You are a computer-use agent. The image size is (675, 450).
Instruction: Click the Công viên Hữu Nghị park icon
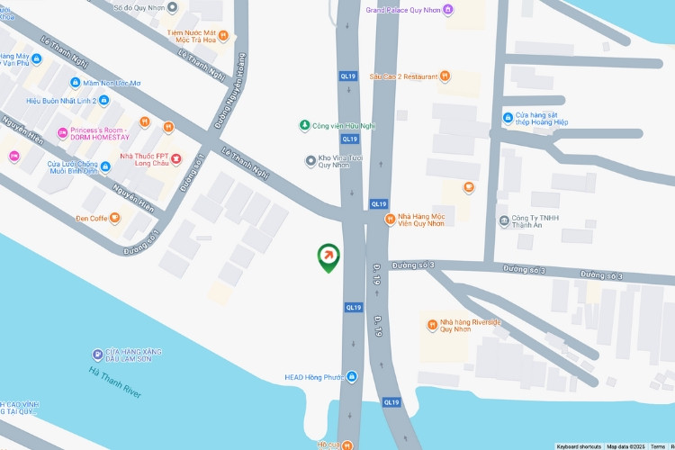pyautogui.click(x=304, y=125)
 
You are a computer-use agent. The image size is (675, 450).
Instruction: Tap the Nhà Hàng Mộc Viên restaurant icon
pyautogui.click(x=390, y=219)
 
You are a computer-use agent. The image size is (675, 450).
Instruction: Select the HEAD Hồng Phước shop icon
pyautogui.click(x=351, y=376)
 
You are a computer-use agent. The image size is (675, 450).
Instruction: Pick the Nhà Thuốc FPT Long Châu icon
pyautogui.click(x=176, y=160)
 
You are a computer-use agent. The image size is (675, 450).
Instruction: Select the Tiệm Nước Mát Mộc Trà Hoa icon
pyautogui.click(x=223, y=36)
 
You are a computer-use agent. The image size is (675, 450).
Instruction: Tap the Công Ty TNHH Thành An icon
pyautogui.click(x=503, y=221)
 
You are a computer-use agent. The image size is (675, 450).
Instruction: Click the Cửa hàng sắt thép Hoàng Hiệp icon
pyautogui.click(x=508, y=118)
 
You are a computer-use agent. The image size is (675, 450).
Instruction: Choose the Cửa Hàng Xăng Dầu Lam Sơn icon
pyautogui.click(x=97, y=353)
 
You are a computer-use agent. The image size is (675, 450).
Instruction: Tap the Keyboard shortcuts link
pyautogui.click(x=578, y=446)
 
